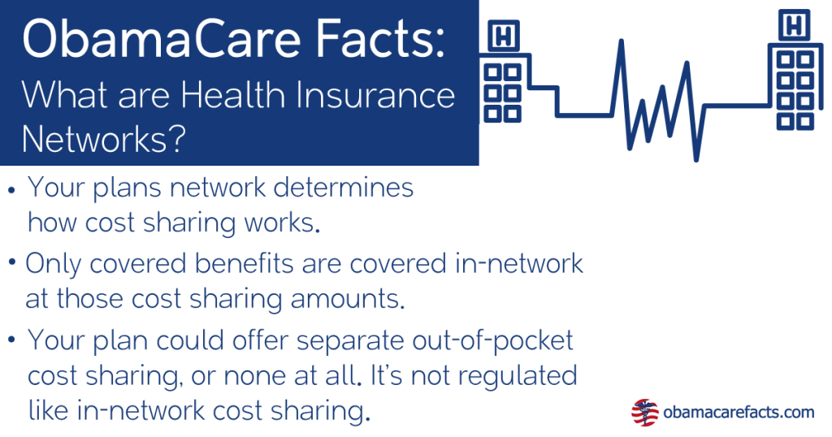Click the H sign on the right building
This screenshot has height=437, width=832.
pos(790,25)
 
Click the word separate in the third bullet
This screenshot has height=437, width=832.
pos(328,340)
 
